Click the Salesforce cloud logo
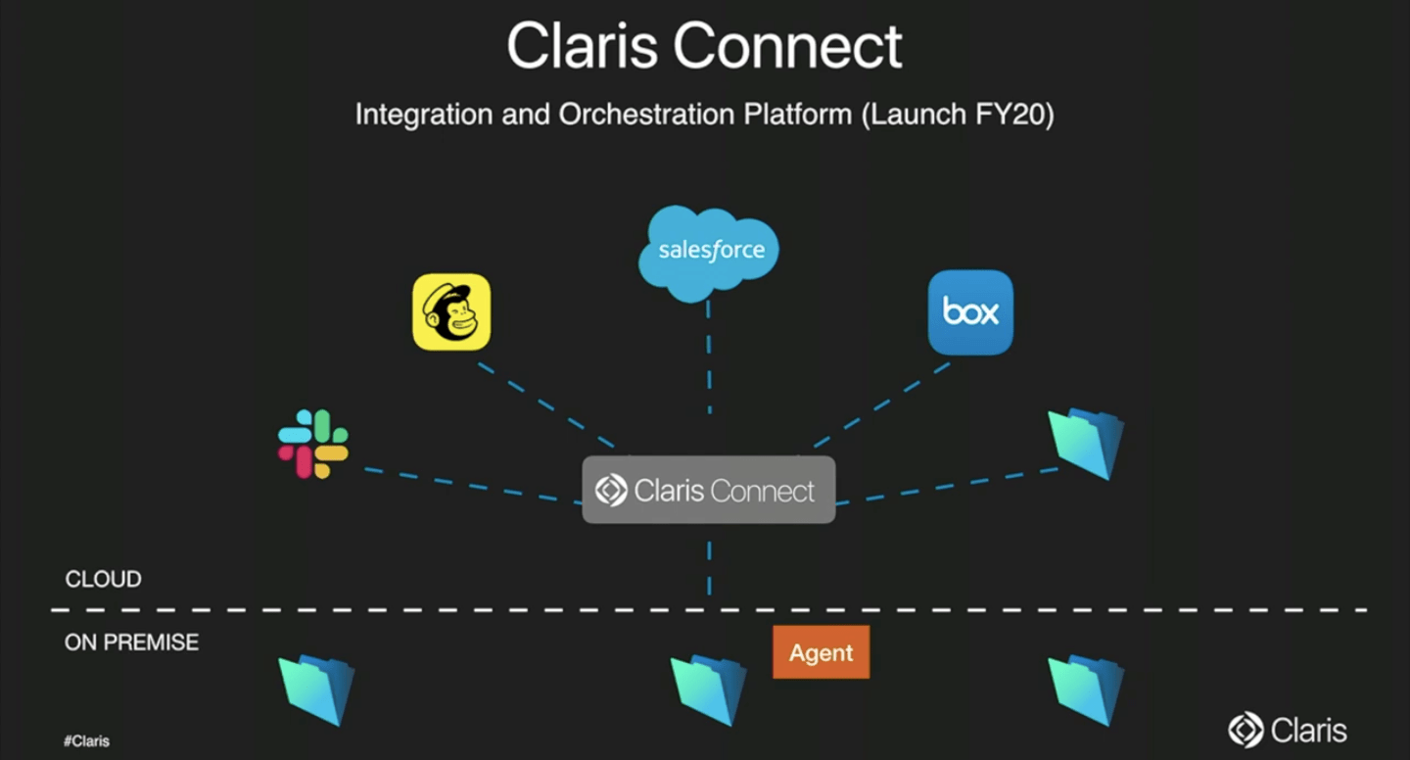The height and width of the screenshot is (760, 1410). (x=708, y=250)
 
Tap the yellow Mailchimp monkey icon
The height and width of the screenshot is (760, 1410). (x=451, y=312)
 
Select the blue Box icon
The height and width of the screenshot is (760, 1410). (x=970, y=312)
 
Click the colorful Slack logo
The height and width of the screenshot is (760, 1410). (x=313, y=444)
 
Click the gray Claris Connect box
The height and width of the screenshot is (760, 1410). (x=708, y=490)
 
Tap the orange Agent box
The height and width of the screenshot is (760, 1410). (x=821, y=652)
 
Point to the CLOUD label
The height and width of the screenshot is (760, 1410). (x=103, y=580)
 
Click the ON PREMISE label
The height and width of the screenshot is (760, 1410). (x=131, y=642)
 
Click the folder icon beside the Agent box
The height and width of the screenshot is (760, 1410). (x=708, y=689)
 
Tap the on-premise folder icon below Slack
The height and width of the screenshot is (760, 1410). (x=316, y=689)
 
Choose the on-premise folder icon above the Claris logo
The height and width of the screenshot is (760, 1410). (x=1086, y=689)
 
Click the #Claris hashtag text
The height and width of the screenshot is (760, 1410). (x=86, y=741)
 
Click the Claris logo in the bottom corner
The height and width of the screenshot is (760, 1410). (x=1288, y=730)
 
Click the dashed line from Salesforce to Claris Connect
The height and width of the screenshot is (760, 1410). (x=708, y=357)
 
